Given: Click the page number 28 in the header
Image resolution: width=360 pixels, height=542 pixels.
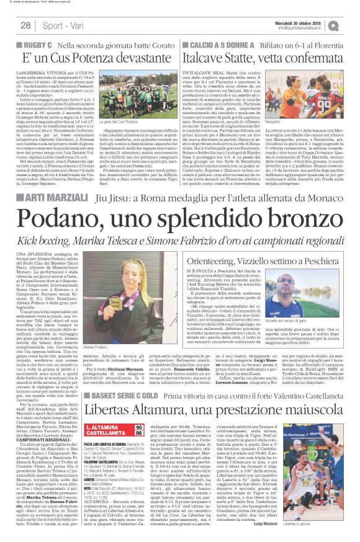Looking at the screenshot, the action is (x=26, y=25).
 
